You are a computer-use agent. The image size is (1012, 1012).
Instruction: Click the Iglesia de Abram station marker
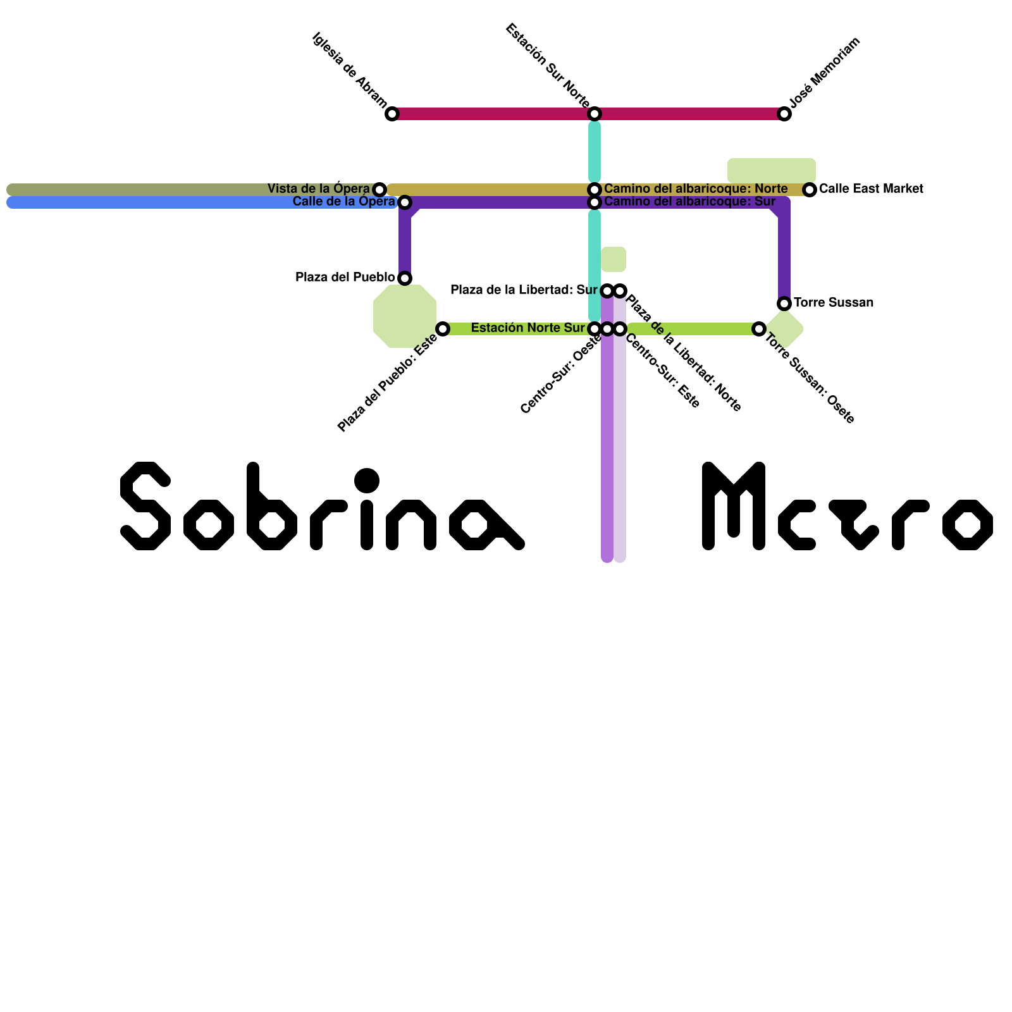click(392, 114)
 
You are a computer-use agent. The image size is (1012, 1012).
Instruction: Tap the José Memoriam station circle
click(784, 114)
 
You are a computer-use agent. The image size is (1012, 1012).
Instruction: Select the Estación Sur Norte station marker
click(595, 114)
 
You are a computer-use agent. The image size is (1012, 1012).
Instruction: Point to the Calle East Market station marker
click(810, 189)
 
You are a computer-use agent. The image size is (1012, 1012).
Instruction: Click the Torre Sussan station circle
click(784, 304)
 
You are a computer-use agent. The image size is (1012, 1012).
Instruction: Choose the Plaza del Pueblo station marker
click(405, 278)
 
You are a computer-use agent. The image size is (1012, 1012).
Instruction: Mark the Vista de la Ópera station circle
click(379, 189)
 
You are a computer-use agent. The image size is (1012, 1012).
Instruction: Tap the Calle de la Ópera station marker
click(405, 202)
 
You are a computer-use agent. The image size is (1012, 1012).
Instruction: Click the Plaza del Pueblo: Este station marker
click(443, 329)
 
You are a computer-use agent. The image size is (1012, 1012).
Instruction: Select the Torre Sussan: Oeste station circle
click(759, 329)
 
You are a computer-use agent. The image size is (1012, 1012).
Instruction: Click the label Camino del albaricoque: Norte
click(696, 189)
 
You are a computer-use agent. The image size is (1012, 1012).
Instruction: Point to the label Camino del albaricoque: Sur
click(689, 202)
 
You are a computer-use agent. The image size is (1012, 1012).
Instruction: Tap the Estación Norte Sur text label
click(528, 328)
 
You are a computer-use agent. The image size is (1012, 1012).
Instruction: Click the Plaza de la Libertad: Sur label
click(524, 290)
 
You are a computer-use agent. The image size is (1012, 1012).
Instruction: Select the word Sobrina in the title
click(323, 506)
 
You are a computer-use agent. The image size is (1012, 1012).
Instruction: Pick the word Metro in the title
click(848, 506)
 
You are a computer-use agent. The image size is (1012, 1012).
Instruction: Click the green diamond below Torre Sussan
click(786, 329)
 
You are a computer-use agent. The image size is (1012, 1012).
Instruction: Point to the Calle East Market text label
click(871, 189)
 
